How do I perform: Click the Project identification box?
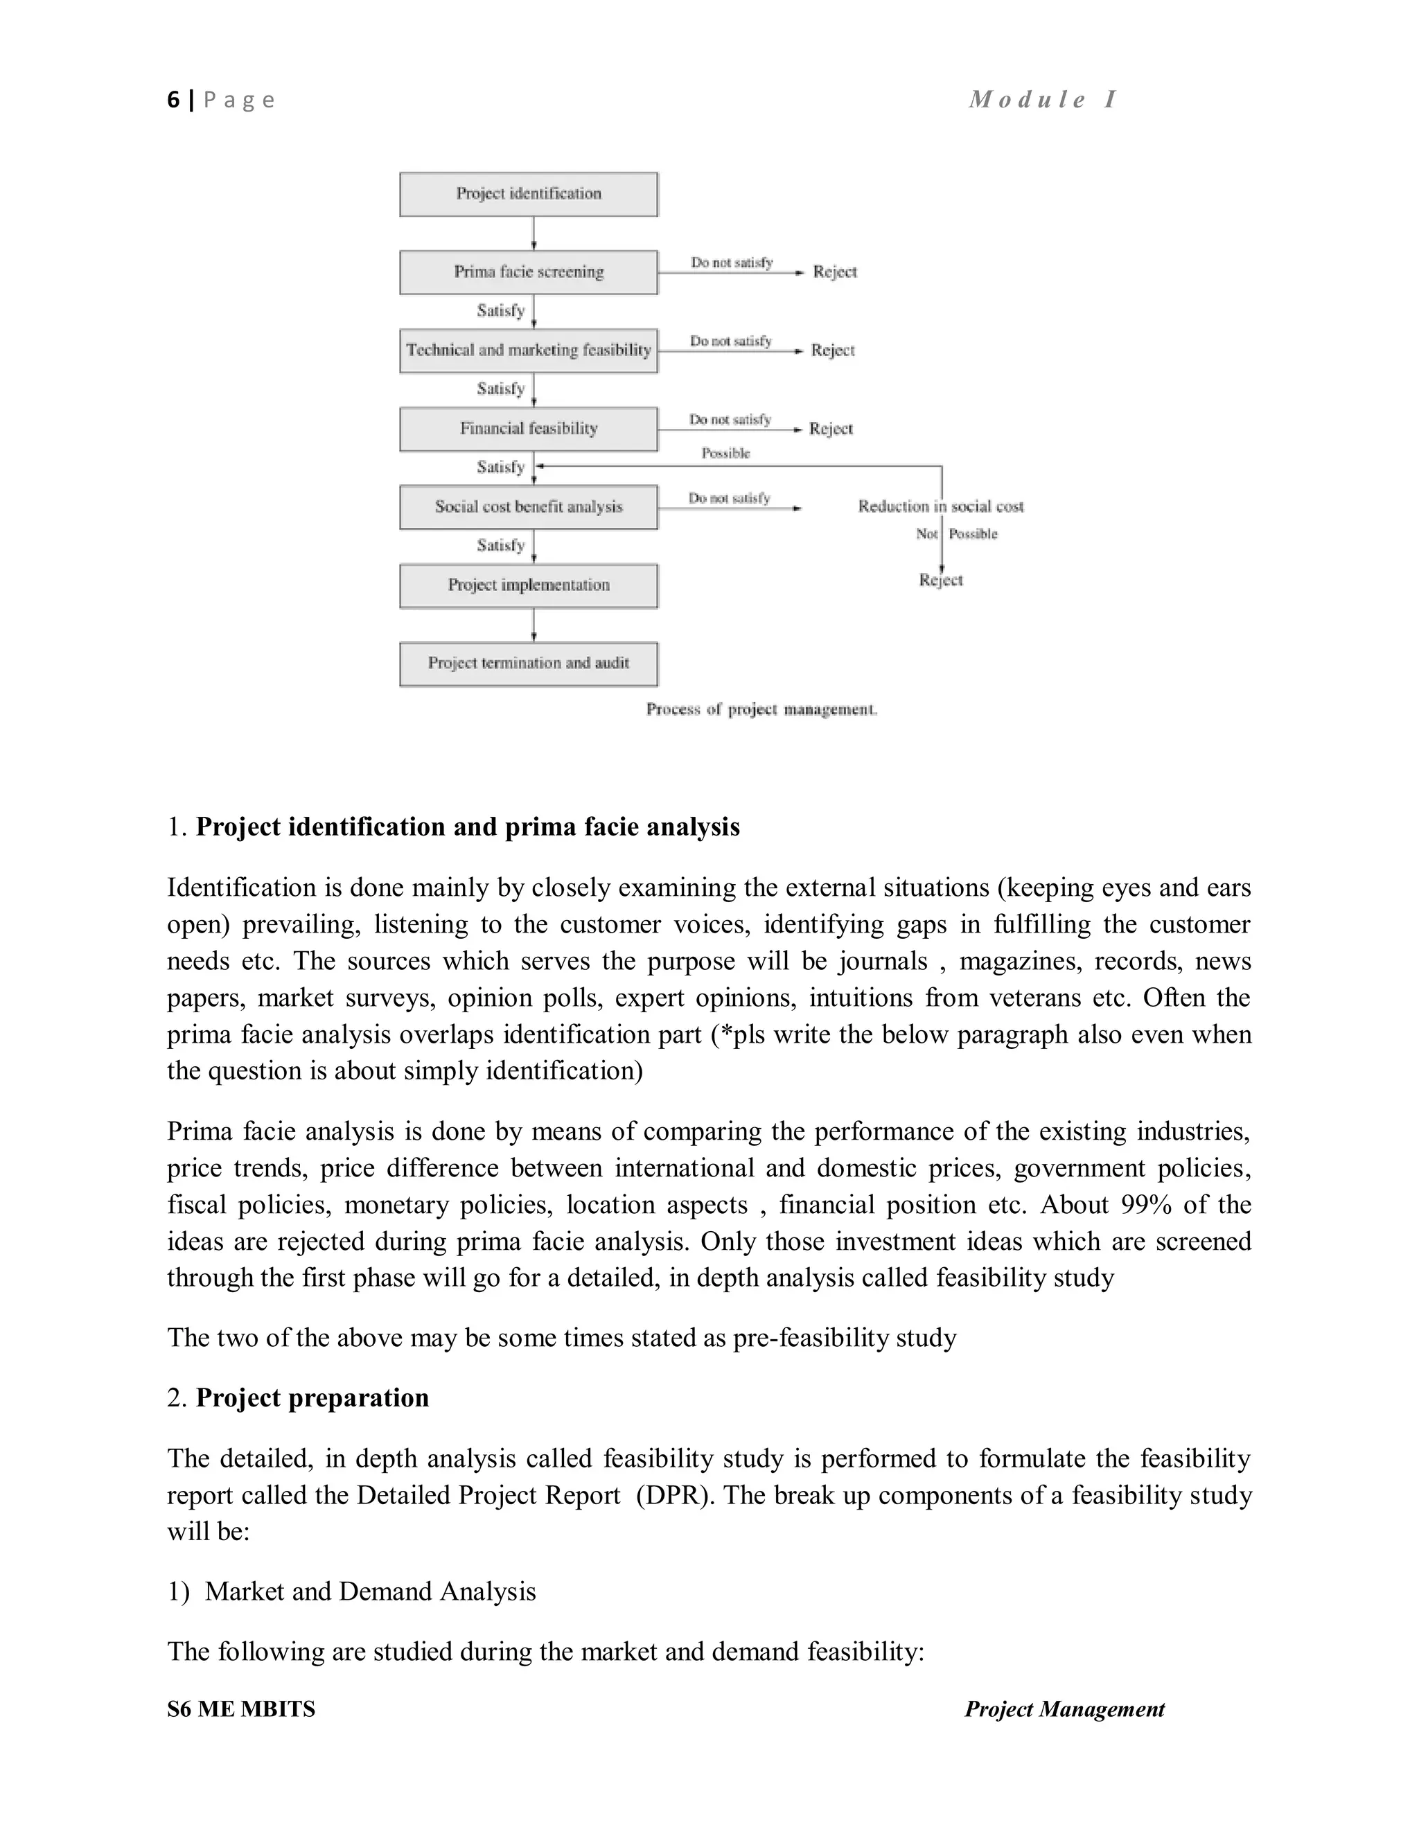(x=528, y=194)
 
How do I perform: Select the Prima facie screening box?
(x=528, y=272)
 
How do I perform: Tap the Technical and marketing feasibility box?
(x=528, y=351)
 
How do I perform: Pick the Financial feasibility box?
(x=528, y=429)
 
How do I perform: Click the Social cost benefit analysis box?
(x=528, y=507)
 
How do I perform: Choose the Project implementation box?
(x=528, y=585)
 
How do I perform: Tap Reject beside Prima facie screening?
(x=834, y=272)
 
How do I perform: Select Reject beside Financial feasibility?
(x=831, y=429)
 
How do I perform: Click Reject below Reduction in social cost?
(x=940, y=580)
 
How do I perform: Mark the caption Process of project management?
(x=761, y=709)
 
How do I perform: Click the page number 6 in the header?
(x=173, y=100)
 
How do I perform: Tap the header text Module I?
(x=1042, y=99)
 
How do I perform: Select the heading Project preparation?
(x=312, y=1397)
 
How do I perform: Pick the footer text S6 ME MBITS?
(x=241, y=1709)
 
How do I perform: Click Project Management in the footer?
(x=1064, y=1709)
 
